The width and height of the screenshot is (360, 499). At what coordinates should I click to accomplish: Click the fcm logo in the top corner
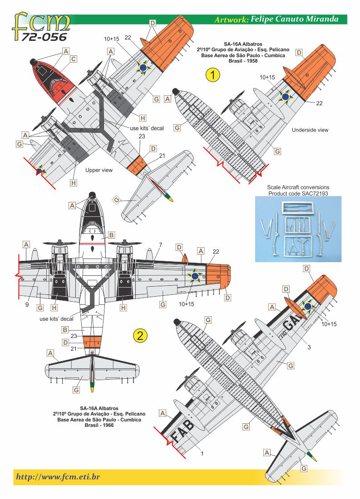41,21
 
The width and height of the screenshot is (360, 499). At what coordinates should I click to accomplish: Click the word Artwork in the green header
231,20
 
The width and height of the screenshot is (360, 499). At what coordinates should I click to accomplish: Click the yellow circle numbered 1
212,74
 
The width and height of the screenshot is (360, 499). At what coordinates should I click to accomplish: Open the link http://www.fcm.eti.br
58,477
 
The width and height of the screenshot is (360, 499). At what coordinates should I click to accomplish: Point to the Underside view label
310,130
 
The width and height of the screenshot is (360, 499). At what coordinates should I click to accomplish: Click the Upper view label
99,170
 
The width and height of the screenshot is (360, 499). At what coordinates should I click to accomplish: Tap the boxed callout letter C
73,59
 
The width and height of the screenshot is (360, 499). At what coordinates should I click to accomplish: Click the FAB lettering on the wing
181,431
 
